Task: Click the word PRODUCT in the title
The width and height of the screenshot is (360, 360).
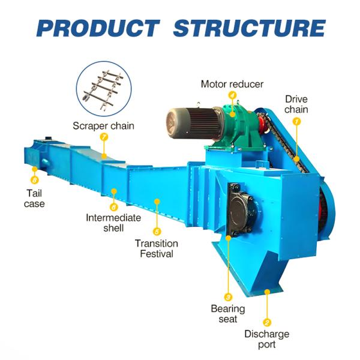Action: point(98,28)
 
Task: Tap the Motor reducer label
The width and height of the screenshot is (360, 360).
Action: point(232,84)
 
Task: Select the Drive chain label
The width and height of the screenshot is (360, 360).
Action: point(296,104)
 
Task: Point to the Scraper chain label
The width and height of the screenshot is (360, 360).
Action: point(103,126)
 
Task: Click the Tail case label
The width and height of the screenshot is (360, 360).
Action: point(34,199)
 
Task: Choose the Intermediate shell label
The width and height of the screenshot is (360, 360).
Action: point(113,223)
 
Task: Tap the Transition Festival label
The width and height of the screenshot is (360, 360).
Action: point(157,248)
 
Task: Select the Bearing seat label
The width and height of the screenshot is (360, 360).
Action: point(227,314)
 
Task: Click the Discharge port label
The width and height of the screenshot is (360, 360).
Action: point(266,339)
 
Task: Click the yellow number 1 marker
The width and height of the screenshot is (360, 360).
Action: point(296,121)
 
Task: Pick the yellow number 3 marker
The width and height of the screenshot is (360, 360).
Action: point(228,296)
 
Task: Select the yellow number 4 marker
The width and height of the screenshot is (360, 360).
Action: point(232,95)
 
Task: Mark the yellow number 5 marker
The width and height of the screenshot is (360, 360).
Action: point(157,231)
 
